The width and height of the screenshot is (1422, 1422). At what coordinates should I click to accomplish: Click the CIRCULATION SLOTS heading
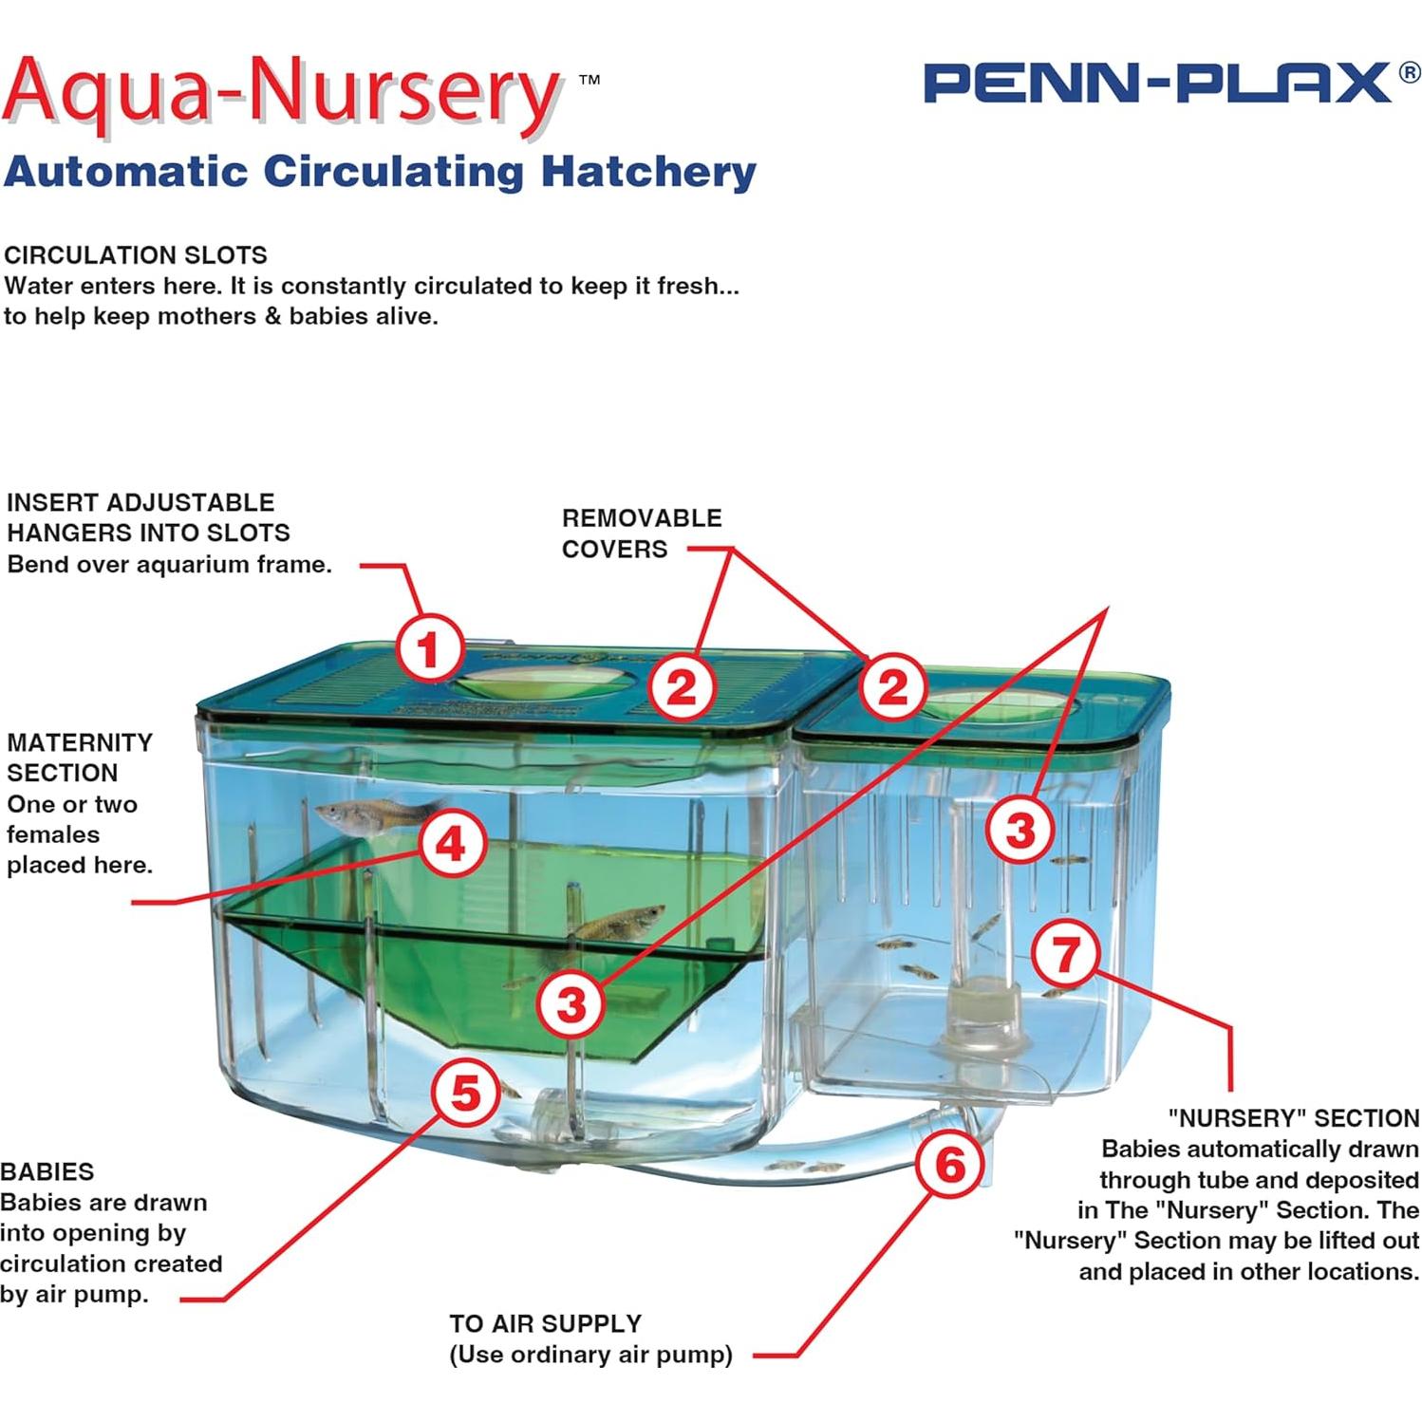[x=136, y=255]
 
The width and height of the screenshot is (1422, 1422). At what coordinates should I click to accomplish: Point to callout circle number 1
[x=430, y=650]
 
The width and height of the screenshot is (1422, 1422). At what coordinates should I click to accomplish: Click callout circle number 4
[x=452, y=844]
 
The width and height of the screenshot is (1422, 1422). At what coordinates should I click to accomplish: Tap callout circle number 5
[x=465, y=1093]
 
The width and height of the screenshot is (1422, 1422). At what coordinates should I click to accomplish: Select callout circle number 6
[x=950, y=1164]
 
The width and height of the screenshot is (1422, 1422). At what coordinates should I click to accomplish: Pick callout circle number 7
[x=1065, y=954]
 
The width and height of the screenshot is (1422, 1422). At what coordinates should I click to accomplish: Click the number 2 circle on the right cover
[x=892, y=686]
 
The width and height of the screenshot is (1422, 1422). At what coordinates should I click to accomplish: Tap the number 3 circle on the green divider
[x=571, y=1004]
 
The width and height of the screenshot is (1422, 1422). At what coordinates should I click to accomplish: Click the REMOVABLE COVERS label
[x=641, y=533]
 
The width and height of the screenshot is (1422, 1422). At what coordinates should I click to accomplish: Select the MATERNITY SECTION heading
[x=79, y=758]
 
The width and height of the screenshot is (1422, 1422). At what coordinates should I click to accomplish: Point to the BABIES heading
[x=47, y=1171]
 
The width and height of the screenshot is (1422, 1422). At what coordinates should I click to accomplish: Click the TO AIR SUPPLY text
[x=545, y=1323]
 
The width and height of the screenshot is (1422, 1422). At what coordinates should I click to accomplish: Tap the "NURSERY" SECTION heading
[x=1293, y=1118]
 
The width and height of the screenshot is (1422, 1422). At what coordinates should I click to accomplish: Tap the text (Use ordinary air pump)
[x=590, y=1355]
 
